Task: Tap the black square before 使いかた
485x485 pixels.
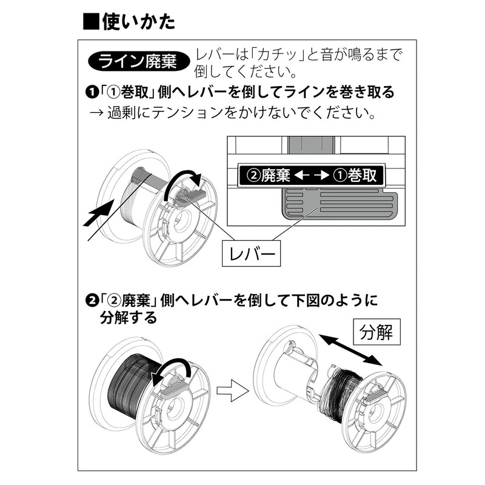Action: [91, 22]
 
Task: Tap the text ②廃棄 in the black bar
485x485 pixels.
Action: [266, 176]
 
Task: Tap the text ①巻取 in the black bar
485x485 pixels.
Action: [359, 176]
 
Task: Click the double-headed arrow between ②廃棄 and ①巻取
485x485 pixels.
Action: [313, 176]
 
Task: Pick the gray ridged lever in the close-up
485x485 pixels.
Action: [339, 205]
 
